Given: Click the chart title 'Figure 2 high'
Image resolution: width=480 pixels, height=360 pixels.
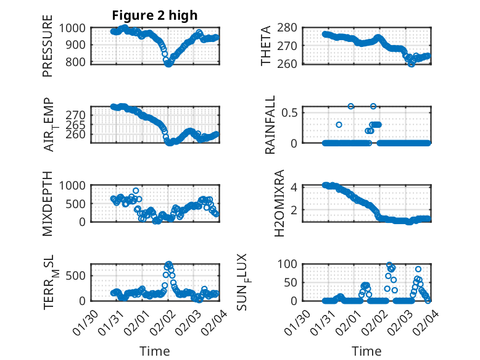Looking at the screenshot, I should coord(155,15).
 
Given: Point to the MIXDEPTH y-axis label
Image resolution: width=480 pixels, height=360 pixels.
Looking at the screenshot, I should coord(48,203).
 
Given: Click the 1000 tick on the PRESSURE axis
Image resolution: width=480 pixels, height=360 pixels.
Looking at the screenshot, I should coord(77,28).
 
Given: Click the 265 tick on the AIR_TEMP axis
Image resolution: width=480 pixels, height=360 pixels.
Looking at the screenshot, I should coord(80,125).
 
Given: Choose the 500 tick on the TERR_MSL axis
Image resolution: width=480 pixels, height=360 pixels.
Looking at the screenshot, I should coord(80,275).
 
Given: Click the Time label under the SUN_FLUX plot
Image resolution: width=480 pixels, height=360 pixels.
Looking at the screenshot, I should coord(366,351).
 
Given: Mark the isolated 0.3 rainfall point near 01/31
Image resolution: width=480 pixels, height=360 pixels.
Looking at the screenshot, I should coord(339,125).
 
